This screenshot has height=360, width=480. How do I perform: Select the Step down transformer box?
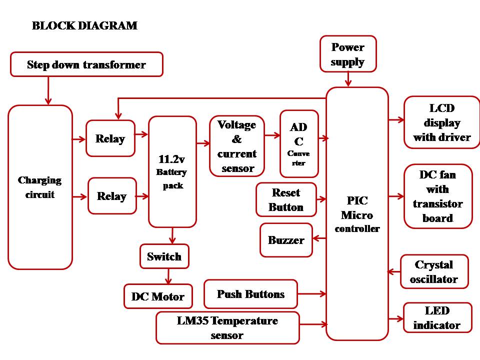[86, 64]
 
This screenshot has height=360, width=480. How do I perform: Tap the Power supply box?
[348, 54]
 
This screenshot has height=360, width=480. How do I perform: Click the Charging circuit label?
[40, 187]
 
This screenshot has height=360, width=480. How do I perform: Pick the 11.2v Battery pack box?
[172, 172]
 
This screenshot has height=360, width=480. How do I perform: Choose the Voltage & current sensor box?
[237, 146]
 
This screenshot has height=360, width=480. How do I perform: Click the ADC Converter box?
[299, 144]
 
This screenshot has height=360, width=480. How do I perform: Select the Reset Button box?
[286, 199]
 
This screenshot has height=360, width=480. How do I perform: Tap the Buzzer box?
[286, 240]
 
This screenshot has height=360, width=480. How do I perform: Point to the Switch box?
[164, 256]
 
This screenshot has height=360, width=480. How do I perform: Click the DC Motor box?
[158, 296]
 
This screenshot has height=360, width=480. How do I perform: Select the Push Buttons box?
[251, 294]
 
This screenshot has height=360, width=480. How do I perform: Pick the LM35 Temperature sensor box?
[227, 328]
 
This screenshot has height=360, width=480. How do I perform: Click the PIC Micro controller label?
[357, 214]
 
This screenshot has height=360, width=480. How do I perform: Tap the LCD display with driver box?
[441, 123]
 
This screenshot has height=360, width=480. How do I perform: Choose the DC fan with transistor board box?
[438, 196]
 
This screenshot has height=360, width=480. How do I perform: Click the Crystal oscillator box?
[434, 271]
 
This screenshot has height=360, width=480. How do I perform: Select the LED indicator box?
[437, 318]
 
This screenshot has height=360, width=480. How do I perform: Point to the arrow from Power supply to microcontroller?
[348, 79]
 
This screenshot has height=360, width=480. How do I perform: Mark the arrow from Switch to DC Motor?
[168, 276]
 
